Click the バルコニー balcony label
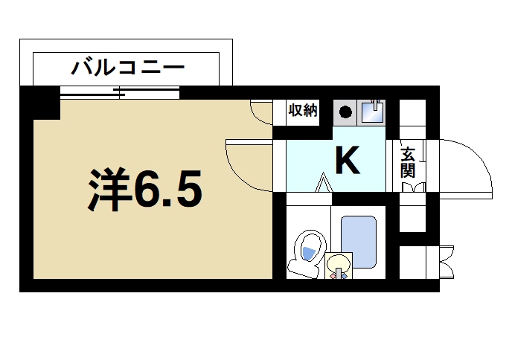[127, 69]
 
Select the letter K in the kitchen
[348, 161]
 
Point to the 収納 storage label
[303, 111]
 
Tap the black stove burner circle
[345, 112]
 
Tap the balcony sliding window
[120, 94]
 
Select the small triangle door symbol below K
[324, 182]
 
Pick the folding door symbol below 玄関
[413, 187]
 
